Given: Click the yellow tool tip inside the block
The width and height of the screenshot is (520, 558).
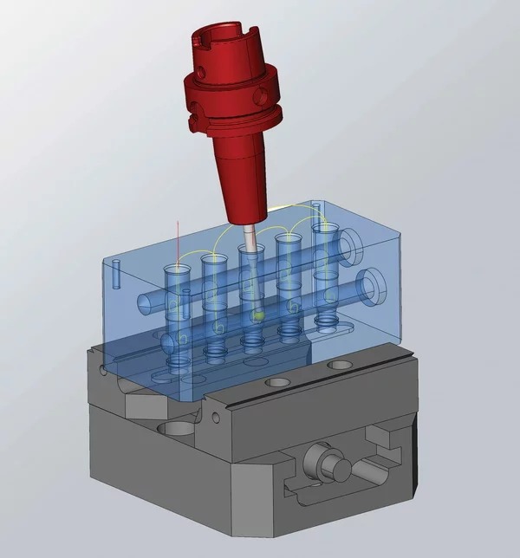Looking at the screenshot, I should (x=257, y=317).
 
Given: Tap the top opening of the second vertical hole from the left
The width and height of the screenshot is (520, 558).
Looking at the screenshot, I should (x=212, y=259).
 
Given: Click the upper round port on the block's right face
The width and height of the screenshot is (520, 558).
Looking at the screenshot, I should (x=353, y=246).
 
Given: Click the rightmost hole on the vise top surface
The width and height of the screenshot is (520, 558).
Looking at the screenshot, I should (x=335, y=367).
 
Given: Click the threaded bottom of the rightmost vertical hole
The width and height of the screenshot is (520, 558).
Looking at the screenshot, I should (x=328, y=321).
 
